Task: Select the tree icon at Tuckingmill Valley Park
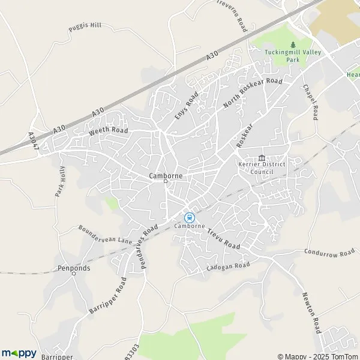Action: tap(293, 44)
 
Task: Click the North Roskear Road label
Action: tap(252, 94)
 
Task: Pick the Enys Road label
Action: tap(187, 106)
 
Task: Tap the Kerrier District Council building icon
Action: tap(261, 158)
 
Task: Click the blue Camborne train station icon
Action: tap(190, 217)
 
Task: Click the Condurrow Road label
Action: tap(329, 253)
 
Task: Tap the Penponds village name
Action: tap(74, 268)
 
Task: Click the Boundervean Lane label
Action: tap(105, 235)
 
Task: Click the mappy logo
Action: tap(19, 353)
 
